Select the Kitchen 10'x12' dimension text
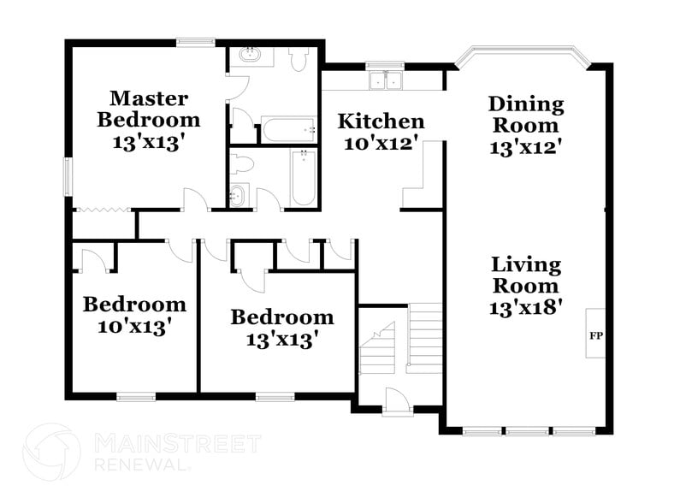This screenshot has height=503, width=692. pos(381,144)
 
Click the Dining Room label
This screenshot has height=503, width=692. pos(526,115)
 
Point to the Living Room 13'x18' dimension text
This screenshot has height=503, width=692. pos(526,308)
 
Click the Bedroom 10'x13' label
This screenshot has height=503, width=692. pos(134,314)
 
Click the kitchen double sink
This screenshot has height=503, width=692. pos(386,81)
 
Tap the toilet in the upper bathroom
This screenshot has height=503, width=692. pos(299,60)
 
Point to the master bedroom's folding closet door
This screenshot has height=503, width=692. pos(104,208)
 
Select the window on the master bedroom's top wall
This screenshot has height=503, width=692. pos(196,41)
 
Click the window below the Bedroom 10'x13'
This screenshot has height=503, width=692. pos(135,396)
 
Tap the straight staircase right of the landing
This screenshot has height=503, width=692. pos(425,338)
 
